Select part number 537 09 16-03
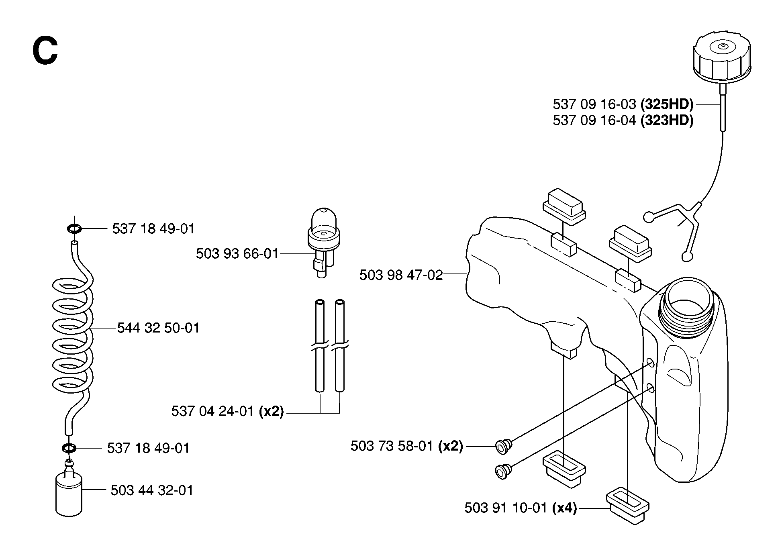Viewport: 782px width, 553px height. click(x=594, y=104)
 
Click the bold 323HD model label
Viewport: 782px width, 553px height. click(x=667, y=120)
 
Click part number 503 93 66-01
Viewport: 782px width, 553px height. click(x=237, y=254)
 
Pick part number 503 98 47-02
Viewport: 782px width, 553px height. click(x=401, y=275)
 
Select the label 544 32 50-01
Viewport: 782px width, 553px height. click(x=158, y=328)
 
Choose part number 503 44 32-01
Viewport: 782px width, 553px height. click(x=152, y=490)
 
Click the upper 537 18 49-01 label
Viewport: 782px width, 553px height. click(x=153, y=229)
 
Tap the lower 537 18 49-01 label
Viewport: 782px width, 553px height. click(x=148, y=448)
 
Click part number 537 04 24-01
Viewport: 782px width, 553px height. click(x=212, y=412)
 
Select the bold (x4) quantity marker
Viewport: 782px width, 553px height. click(x=564, y=508)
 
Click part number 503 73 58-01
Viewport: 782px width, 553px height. click(x=392, y=446)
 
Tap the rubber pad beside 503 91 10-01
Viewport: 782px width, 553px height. click(x=627, y=505)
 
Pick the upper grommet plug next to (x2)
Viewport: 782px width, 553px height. click(x=504, y=446)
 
